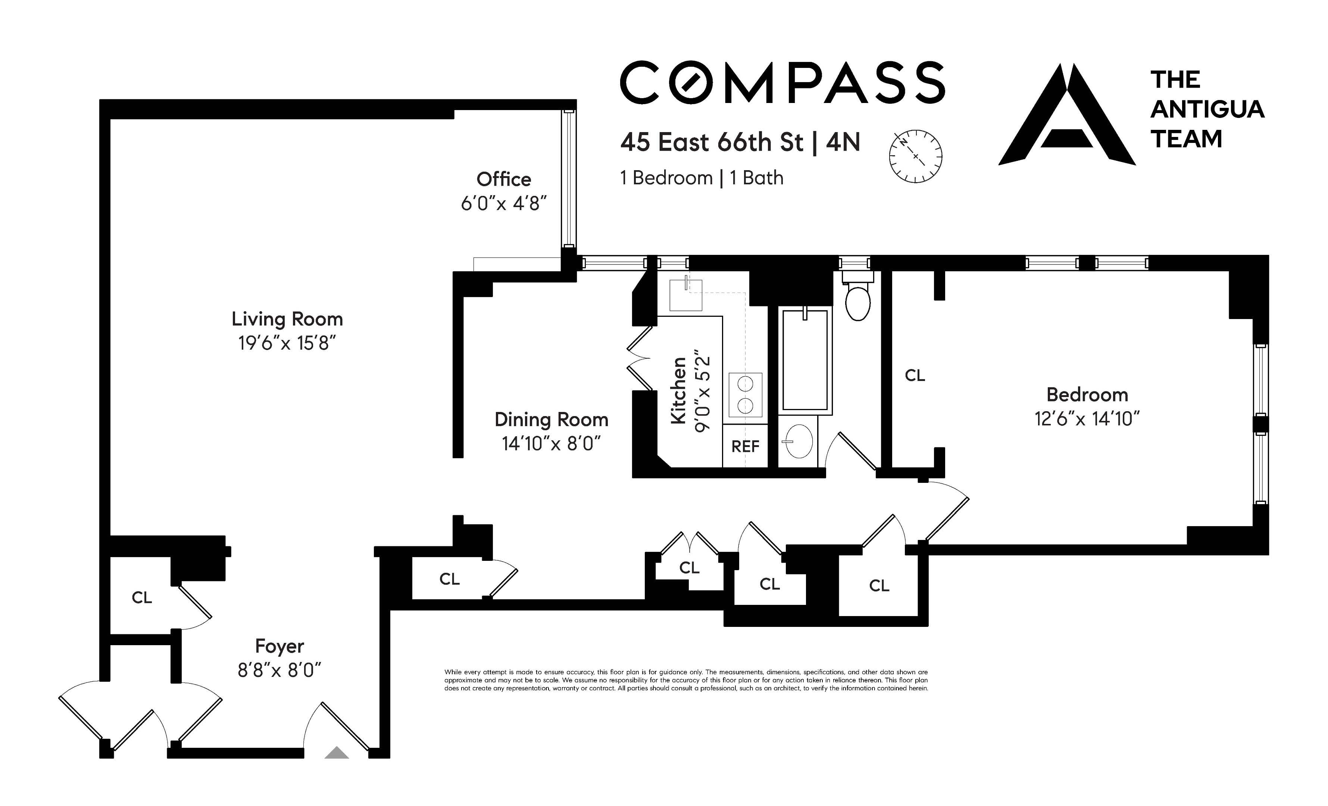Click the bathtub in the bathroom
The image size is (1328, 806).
804,360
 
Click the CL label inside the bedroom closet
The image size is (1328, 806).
915,376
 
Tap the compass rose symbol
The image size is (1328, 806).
915,156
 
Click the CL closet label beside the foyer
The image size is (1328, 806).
142,597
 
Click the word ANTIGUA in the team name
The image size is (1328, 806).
1207,109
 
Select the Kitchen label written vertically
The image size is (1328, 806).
678,390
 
